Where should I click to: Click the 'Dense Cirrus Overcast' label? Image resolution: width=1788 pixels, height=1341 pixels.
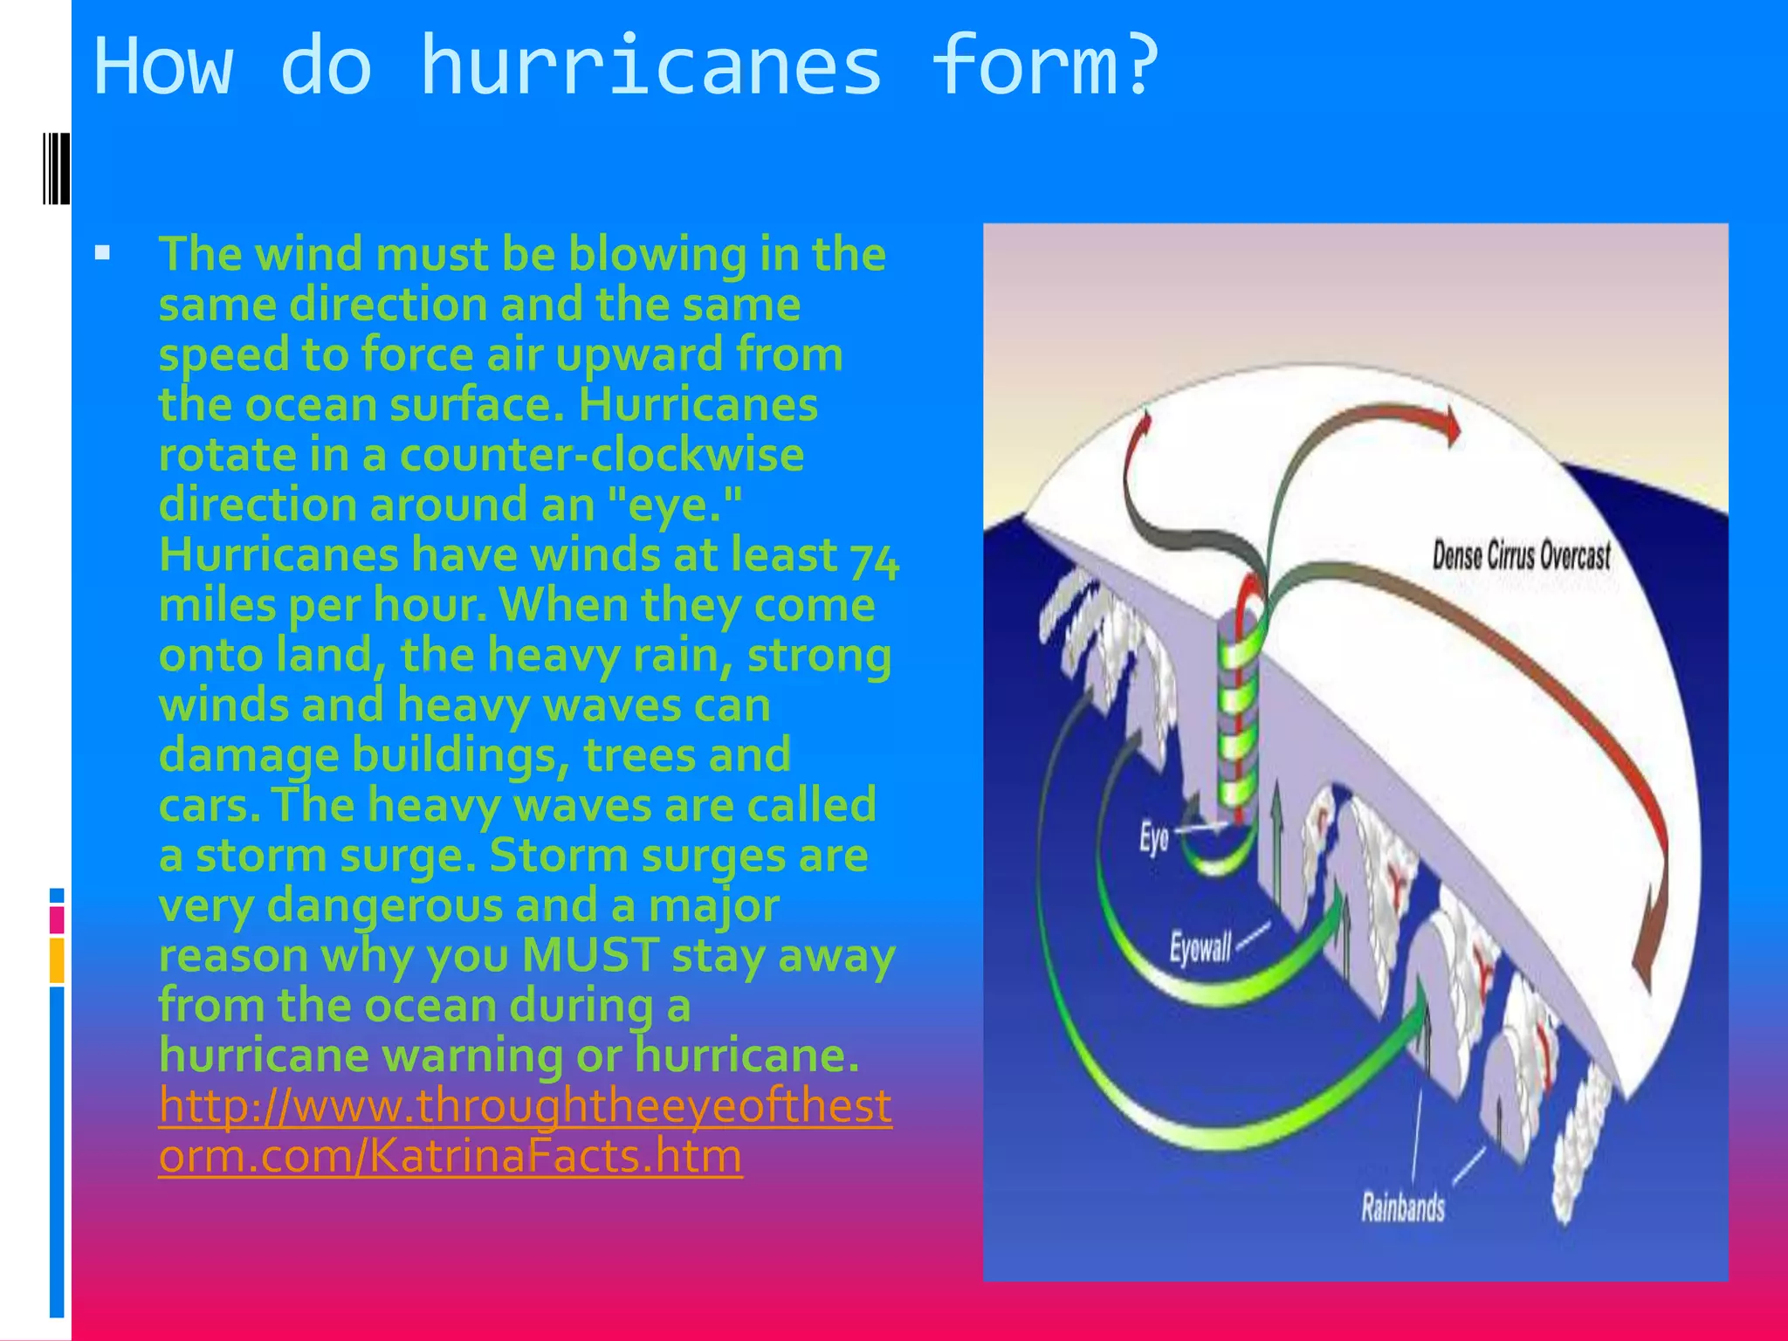click(1521, 556)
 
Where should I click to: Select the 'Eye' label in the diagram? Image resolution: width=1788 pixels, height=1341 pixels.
click(1152, 838)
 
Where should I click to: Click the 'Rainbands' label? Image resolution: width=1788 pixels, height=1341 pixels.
click(1402, 1208)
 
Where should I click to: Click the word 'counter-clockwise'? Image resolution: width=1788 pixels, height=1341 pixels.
click(602, 455)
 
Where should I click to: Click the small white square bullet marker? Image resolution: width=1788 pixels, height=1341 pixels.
click(103, 254)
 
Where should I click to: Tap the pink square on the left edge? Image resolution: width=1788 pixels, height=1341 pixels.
click(57, 919)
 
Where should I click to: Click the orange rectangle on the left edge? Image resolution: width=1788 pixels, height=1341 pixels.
click(57, 959)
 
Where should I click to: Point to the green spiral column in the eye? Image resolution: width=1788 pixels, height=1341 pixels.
click(1238, 716)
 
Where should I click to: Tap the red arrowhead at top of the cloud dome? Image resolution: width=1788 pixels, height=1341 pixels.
click(1450, 426)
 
